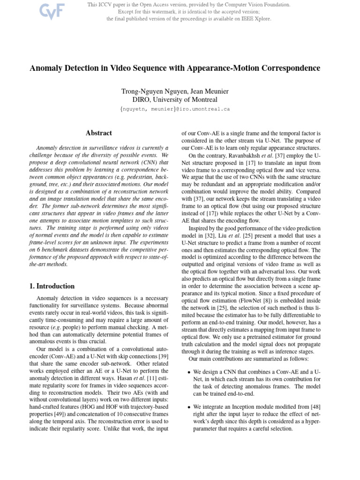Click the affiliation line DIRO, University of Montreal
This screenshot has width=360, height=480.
175,99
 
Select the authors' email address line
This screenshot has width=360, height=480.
175,109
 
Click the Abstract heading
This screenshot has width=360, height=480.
98,133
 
